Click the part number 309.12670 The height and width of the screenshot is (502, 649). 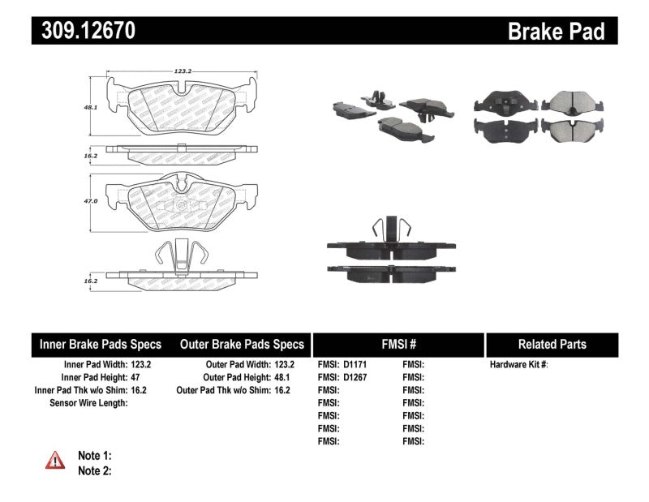[x=84, y=31]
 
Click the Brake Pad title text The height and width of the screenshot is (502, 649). [x=557, y=31]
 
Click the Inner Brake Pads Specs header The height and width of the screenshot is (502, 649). [x=101, y=344]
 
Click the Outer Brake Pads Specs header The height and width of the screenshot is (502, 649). [x=242, y=344]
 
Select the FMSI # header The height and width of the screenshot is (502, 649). [x=398, y=344]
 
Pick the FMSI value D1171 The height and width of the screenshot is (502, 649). [x=355, y=365]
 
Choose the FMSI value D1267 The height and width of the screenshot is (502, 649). [x=355, y=377]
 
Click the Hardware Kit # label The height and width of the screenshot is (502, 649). [x=518, y=365]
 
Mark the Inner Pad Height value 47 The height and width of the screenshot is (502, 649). [x=146, y=377]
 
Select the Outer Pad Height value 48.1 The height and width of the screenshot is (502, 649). [x=282, y=377]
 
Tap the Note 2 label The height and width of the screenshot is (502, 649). [x=94, y=470]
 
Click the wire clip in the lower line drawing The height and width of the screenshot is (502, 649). [x=175, y=256]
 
